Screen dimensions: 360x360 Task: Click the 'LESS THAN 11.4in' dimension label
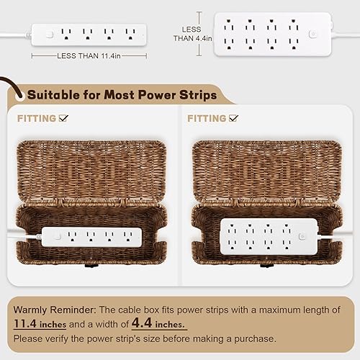(x=89, y=55)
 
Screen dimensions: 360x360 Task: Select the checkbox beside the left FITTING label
(x=64, y=118)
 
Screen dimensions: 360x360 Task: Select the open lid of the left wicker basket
(x=90, y=169)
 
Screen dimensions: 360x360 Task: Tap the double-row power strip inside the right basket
(x=263, y=236)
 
